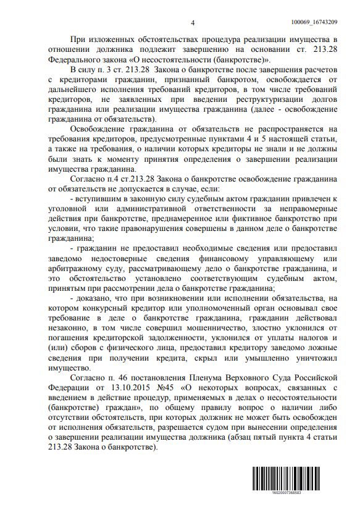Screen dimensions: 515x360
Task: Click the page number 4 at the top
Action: (x=193, y=23)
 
